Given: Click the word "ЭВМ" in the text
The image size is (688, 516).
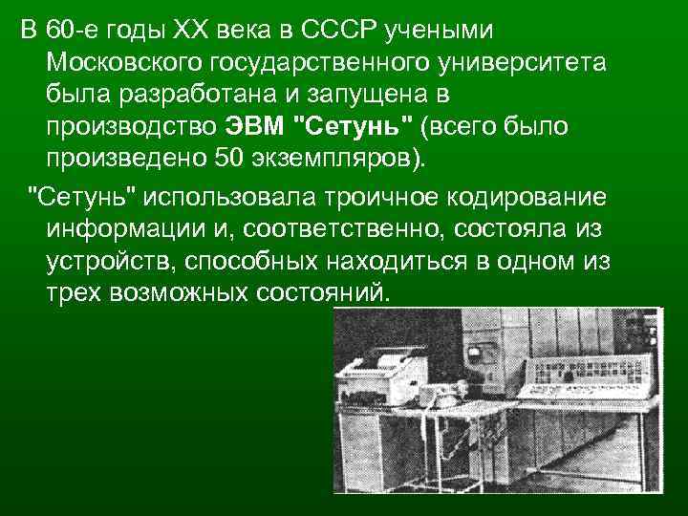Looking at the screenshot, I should tap(255, 126).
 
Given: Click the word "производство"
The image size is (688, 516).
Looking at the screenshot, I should tap(130, 126).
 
